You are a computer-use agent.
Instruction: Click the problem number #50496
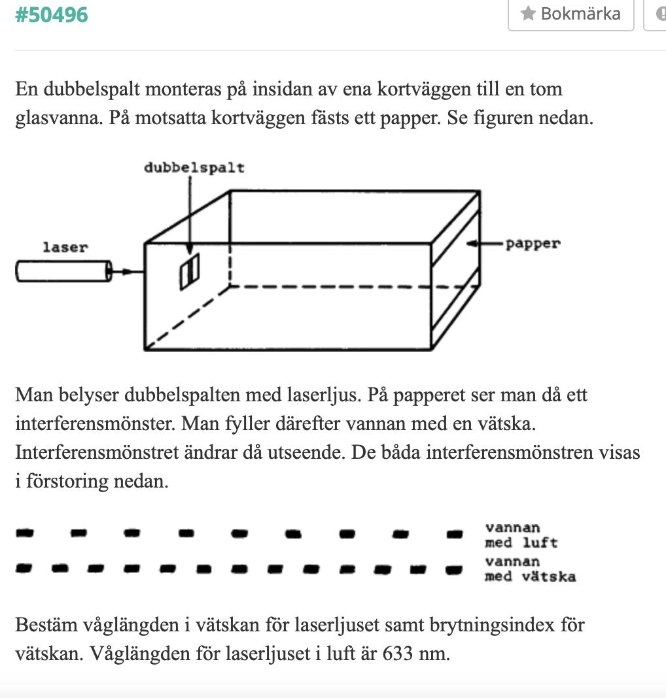(51, 14)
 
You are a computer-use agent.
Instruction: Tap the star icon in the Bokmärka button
(528, 13)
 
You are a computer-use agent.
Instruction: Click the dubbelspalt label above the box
(194, 168)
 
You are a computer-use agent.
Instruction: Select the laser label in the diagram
(65, 247)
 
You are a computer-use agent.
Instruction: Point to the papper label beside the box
(533, 244)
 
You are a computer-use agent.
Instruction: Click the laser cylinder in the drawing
(63, 271)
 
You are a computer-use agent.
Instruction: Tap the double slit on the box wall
(190, 271)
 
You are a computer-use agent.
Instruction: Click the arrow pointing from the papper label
(485, 244)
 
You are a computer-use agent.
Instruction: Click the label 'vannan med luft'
(521, 535)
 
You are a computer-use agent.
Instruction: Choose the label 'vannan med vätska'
(530, 569)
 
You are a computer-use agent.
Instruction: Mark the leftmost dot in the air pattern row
(24, 533)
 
